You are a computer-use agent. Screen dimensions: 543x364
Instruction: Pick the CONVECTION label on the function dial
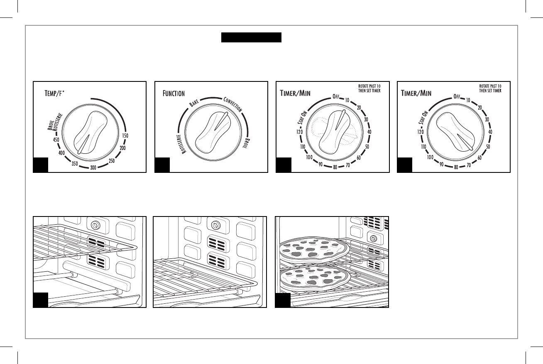coord(233,105)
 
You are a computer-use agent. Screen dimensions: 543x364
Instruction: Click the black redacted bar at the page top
coord(251,38)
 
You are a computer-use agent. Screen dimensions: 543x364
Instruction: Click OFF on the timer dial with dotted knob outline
coord(336,97)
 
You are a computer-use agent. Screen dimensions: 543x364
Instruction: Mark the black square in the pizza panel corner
coord(283,300)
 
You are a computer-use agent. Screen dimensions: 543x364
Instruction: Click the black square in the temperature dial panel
coord(41,165)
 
